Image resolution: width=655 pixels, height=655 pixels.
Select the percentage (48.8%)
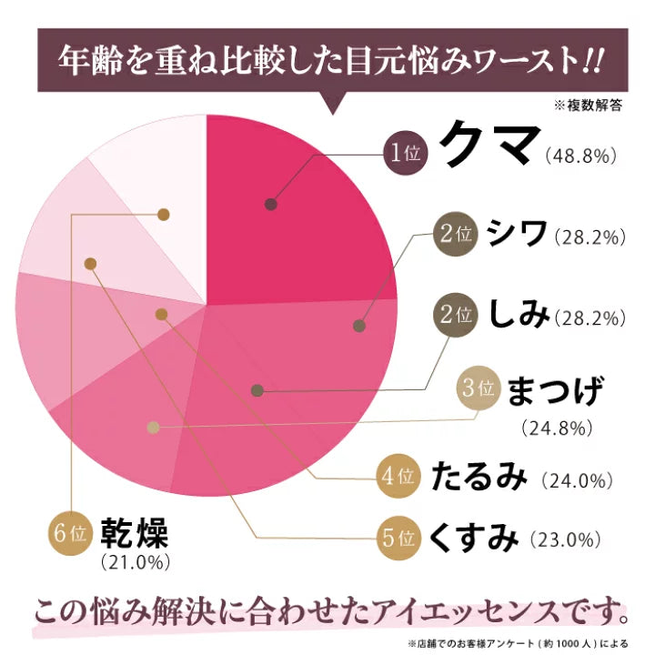(x=584, y=156)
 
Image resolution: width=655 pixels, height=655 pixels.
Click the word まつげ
(x=553, y=391)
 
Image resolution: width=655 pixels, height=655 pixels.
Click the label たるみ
(x=479, y=476)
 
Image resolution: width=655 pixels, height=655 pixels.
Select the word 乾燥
(x=136, y=530)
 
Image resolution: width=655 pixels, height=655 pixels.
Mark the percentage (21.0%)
(x=136, y=562)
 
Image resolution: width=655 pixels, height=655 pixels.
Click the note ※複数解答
(x=590, y=106)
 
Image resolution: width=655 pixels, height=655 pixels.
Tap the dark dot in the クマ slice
(x=270, y=205)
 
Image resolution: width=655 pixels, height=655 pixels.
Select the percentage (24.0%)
(x=579, y=478)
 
